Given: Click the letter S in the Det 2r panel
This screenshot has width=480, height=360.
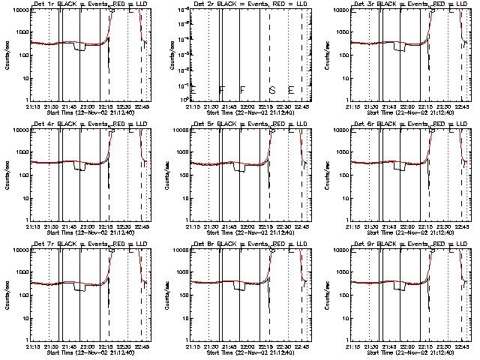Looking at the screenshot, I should pyautogui.click(x=272, y=91).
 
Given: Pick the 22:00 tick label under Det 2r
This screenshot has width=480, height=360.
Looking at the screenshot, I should pyautogui.click(x=248, y=107).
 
